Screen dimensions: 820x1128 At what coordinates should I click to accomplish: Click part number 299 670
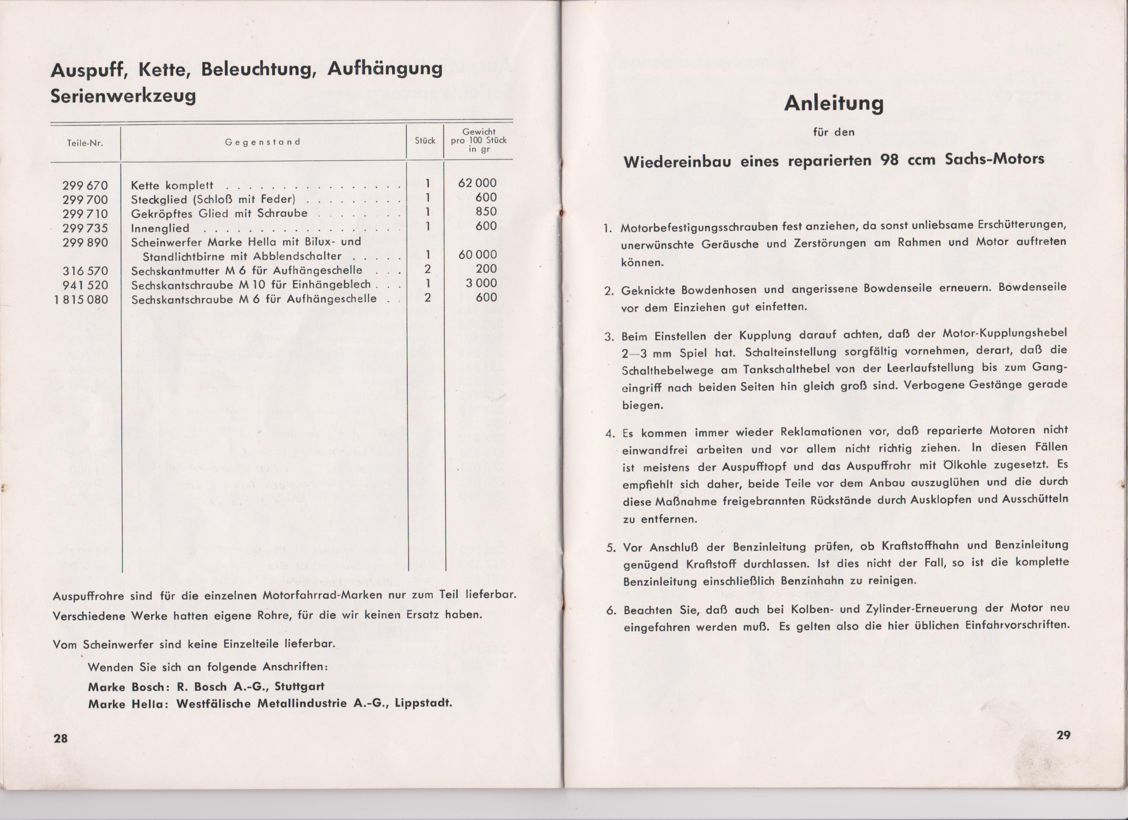pyautogui.click(x=85, y=185)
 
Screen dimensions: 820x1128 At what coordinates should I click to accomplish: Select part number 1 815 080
pyautogui.click(x=82, y=299)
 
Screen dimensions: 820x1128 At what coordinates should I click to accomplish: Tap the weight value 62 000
pyautogui.click(x=477, y=183)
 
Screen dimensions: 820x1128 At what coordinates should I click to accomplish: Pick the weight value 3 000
pyautogui.click(x=481, y=283)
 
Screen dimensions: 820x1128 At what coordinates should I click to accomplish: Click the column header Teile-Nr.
pyautogui.click(x=85, y=143)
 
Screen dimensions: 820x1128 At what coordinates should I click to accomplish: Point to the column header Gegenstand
pyautogui.click(x=262, y=142)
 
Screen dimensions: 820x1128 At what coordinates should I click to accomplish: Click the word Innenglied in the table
pyautogui.click(x=160, y=228)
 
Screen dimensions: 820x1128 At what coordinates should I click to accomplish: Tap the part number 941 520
pyautogui.click(x=85, y=285)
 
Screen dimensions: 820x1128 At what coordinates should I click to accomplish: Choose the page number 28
pyautogui.click(x=61, y=738)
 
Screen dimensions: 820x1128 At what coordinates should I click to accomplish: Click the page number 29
pyautogui.click(x=1063, y=735)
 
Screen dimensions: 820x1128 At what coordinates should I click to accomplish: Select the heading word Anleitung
pyautogui.click(x=833, y=104)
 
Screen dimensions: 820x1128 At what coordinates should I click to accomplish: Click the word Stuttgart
pyautogui.click(x=299, y=686)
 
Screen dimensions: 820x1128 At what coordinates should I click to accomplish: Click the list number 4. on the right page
pyautogui.click(x=610, y=433)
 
